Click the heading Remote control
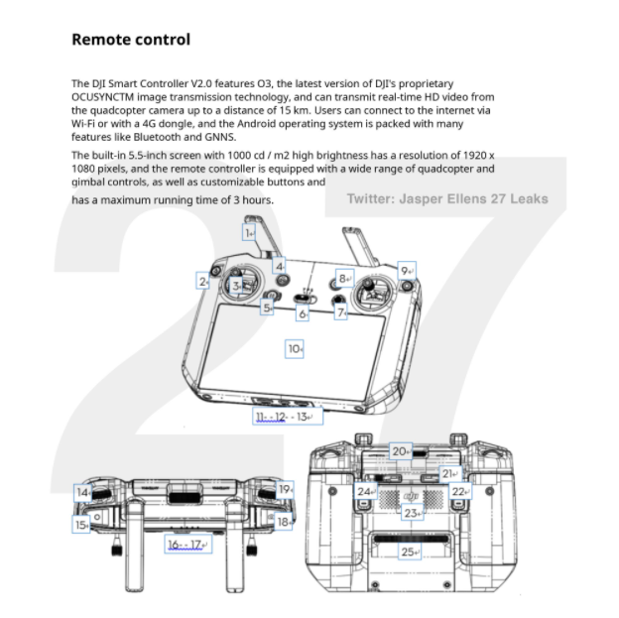(x=131, y=40)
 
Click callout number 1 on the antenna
(x=249, y=233)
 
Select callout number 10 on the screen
(x=295, y=349)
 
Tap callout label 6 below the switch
(x=303, y=313)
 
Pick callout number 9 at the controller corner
(x=407, y=271)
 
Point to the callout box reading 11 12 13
(x=288, y=417)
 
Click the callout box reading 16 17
(x=187, y=545)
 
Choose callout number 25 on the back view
(x=410, y=552)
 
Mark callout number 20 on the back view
(x=401, y=451)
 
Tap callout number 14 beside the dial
(x=82, y=493)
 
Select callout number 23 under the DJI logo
(x=413, y=513)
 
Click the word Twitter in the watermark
(x=371, y=198)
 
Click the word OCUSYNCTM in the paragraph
(x=102, y=97)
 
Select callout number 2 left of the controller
(x=203, y=281)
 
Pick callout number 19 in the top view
(x=285, y=490)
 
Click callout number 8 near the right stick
(x=344, y=279)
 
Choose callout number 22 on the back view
(x=460, y=491)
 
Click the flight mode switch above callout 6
(x=306, y=299)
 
